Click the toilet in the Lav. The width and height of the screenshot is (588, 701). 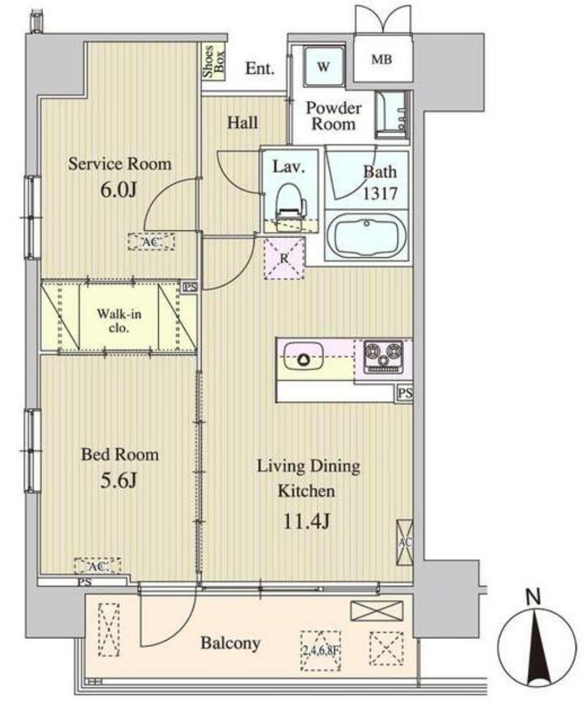(290, 207)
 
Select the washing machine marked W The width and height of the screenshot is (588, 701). (324, 67)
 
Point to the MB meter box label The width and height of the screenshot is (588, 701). (381, 59)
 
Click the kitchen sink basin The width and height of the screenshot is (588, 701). (303, 356)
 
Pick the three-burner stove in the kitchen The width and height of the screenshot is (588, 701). (383, 357)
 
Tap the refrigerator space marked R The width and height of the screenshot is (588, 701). (284, 258)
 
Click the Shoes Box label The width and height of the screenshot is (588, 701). (214, 62)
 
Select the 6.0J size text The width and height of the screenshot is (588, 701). (118, 190)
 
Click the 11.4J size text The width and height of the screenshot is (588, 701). (307, 521)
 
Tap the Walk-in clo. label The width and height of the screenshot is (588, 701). (119, 321)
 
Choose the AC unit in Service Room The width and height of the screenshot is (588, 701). (151, 242)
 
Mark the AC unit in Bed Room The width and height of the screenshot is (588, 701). (97, 566)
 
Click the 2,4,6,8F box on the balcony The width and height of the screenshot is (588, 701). (321, 651)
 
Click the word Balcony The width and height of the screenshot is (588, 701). (231, 644)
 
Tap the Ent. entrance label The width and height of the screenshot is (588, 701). (260, 68)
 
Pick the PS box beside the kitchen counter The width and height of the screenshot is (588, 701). (405, 393)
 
